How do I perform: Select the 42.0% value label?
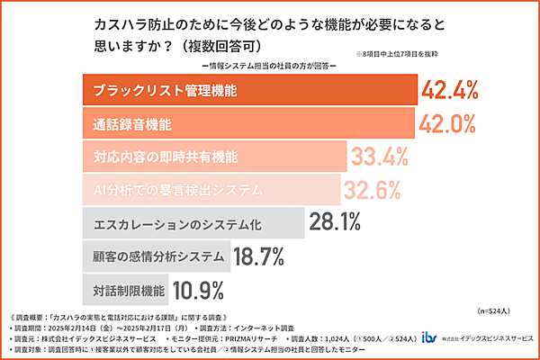[x=446, y=122]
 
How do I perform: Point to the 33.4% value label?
[x=381, y=157]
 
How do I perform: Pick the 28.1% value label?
[x=335, y=222]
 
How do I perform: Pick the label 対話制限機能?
[x=130, y=291]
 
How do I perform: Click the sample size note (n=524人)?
[x=501, y=310]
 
